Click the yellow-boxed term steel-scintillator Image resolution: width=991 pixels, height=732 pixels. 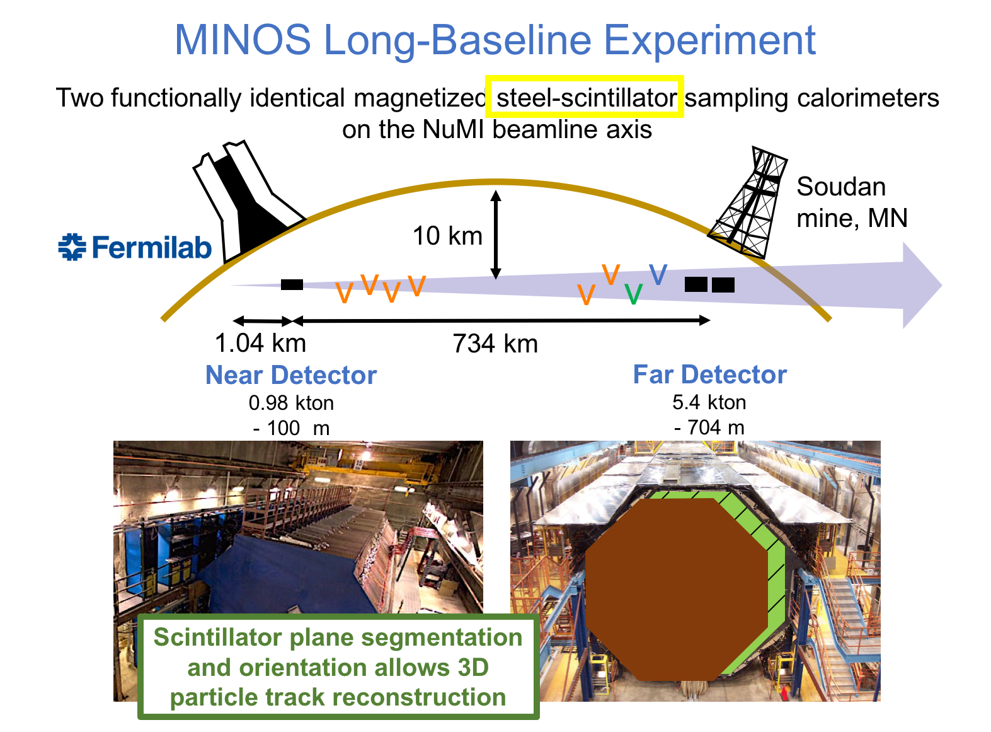pyautogui.click(x=586, y=98)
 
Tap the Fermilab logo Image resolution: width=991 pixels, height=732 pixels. pyautogui.click(x=134, y=247)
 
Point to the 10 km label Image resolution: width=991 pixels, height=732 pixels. pyautogui.click(x=447, y=235)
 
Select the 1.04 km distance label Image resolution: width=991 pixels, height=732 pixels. pyautogui.click(x=260, y=343)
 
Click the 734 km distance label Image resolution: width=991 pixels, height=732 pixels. pyautogui.click(x=495, y=344)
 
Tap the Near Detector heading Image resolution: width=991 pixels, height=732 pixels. pyautogui.click(x=291, y=375)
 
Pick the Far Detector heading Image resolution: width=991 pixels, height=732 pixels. pyautogui.click(x=709, y=375)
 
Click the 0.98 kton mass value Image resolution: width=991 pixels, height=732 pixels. pyautogui.click(x=291, y=403)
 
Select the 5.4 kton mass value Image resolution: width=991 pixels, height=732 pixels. pyautogui.click(x=709, y=402)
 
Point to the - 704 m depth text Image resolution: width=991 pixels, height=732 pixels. pyautogui.click(x=709, y=427)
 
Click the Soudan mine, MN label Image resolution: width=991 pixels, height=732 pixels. pyautogui.click(x=852, y=202)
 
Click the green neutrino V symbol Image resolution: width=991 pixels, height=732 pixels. pyautogui.click(x=633, y=294)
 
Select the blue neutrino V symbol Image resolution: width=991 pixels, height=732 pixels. pyautogui.click(x=658, y=274)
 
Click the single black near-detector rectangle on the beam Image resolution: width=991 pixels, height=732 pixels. pyautogui.click(x=292, y=284)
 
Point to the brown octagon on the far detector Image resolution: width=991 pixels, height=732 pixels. pyautogui.click(x=676, y=590)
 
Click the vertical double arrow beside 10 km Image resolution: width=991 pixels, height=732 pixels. pyautogui.click(x=495, y=235)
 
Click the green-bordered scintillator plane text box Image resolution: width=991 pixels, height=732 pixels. pyautogui.click(x=338, y=666)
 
